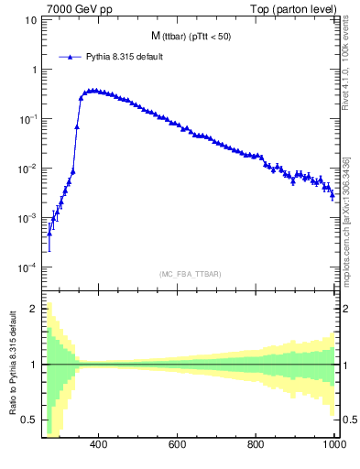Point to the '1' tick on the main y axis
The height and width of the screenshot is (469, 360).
[34, 70]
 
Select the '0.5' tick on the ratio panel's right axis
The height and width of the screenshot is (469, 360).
[347, 420]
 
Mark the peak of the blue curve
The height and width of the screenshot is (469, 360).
[92, 91]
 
